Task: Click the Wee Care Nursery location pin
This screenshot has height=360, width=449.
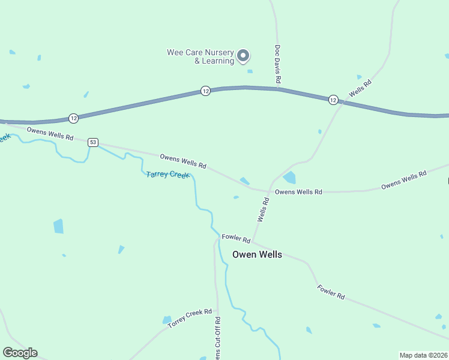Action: coord(243,56)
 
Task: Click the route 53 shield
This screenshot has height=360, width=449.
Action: coord(92,142)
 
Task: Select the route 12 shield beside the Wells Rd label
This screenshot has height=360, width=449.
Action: coord(333,100)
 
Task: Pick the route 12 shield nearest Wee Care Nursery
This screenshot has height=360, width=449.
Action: coord(205,91)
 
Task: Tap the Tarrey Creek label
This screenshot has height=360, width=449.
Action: coord(168,175)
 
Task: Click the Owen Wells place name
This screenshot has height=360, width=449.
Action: coord(257,254)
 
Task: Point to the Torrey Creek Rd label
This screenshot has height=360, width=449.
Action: coord(190,318)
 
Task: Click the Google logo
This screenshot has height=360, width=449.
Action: coord(20,353)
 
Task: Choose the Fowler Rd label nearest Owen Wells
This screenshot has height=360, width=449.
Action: coord(231,238)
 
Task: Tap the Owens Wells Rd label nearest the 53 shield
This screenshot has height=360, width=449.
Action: coord(50,133)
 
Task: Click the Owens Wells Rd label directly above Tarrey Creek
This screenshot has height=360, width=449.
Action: coord(183,161)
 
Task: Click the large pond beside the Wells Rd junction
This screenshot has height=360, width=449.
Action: coord(289,178)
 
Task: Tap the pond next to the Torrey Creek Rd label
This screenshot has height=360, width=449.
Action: coord(167,320)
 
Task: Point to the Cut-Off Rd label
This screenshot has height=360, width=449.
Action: coord(218,339)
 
